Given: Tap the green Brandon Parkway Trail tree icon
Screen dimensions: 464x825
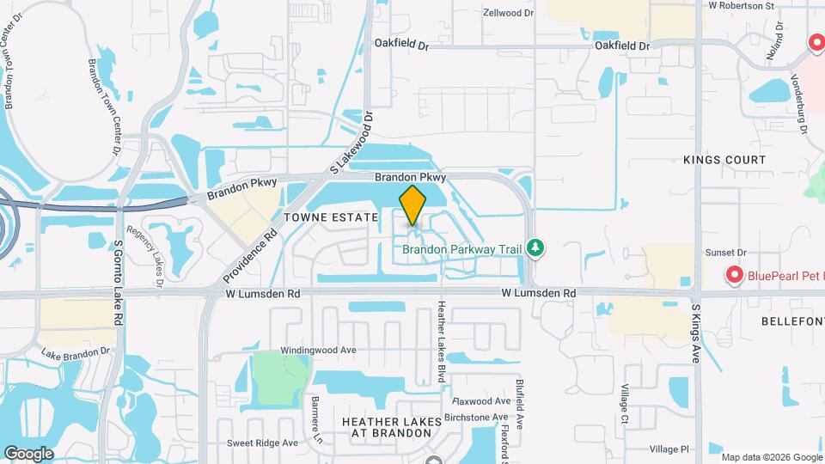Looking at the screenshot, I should pyautogui.click(x=536, y=248).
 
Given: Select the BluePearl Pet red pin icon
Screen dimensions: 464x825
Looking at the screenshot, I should pyautogui.click(x=734, y=275).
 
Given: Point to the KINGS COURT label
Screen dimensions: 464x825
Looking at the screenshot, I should pyautogui.click(x=724, y=160).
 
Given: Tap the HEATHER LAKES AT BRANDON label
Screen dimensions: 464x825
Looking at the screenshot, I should pyautogui.click(x=391, y=427).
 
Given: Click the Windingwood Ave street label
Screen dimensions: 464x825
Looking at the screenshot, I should pyautogui.click(x=318, y=351).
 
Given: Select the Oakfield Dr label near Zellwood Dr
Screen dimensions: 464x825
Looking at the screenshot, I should pyautogui.click(x=400, y=43).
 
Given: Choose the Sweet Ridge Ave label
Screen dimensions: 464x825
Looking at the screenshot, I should pyautogui.click(x=262, y=443).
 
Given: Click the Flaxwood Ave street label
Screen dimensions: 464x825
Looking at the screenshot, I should pyautogui.click(x=482, y=401).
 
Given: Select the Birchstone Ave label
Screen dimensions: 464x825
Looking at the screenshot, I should pyautogui.click(x=476, y=417).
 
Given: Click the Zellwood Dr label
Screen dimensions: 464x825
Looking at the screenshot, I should pyautogui.click(x=508, y=13).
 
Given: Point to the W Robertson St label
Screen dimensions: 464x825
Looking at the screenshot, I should pyautogui.click(x=741, y=5).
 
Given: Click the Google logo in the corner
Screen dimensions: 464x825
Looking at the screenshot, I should pyautogui.click(x=28, y=454).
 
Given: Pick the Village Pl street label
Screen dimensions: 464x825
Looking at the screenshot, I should pyautogui.click(x=669, y=449).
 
